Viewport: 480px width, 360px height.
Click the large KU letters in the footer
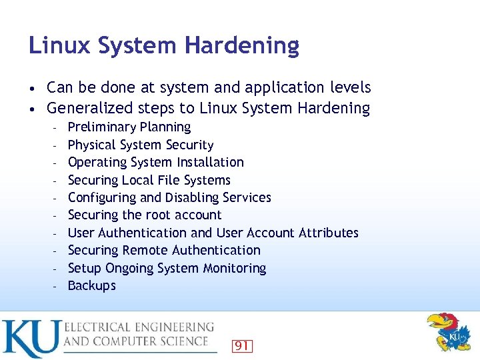[x=31, y=338]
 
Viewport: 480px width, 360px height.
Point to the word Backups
[x=92, y=286]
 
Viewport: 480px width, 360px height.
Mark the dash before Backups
[x=57, y=286]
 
